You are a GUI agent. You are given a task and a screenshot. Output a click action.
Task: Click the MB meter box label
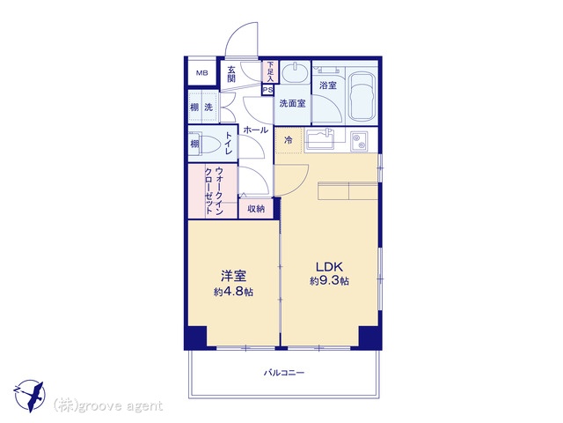click(201, 73)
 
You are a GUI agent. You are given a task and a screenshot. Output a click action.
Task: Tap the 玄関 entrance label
click(231, 74)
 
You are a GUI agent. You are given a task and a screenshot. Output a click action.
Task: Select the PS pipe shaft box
click(267, 90)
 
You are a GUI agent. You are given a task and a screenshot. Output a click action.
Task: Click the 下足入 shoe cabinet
click(270, 72)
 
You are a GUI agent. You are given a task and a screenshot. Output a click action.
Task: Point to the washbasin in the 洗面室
click(295, 73)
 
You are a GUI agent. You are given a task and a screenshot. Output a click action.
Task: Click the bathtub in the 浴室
click(362, 97)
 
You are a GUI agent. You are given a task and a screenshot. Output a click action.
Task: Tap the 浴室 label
click(328, 85)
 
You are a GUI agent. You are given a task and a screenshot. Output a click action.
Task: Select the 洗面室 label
click(292, 104)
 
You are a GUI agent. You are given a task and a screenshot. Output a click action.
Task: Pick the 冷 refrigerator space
click(289, 140)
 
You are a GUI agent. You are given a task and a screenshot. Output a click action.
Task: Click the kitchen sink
click(320, 139)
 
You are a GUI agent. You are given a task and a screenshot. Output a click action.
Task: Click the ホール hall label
click(256, 130)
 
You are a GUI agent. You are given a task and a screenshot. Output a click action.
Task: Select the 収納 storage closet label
click(256, 208)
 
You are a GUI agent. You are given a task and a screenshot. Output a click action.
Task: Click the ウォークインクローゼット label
click(214, 191)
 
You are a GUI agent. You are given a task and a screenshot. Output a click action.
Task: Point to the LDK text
click(329, 267)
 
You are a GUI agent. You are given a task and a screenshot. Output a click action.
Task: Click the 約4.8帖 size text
click(233, 292)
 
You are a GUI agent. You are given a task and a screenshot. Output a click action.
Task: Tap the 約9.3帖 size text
click(329, 281)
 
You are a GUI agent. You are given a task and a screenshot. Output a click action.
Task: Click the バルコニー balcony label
click(284, 373)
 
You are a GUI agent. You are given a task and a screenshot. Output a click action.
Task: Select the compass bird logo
click(29, 396)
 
